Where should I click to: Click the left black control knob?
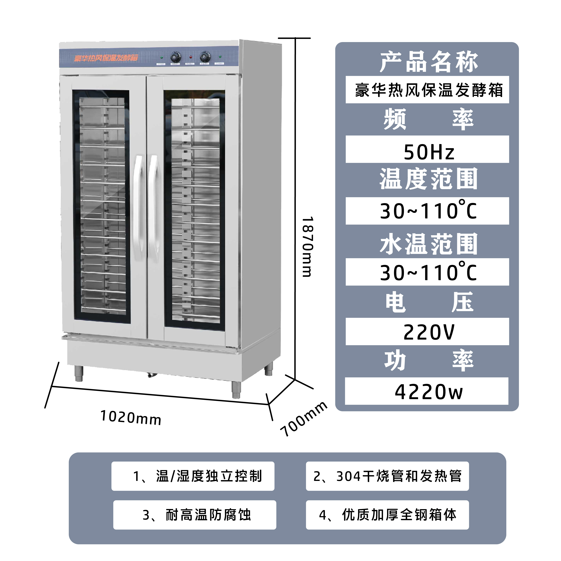[175, 57]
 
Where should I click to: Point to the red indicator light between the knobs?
[190, 57]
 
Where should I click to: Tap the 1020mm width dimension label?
[131, 418]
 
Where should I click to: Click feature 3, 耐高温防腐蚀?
[197, 515]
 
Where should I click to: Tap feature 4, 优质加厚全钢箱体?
[387, 515]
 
